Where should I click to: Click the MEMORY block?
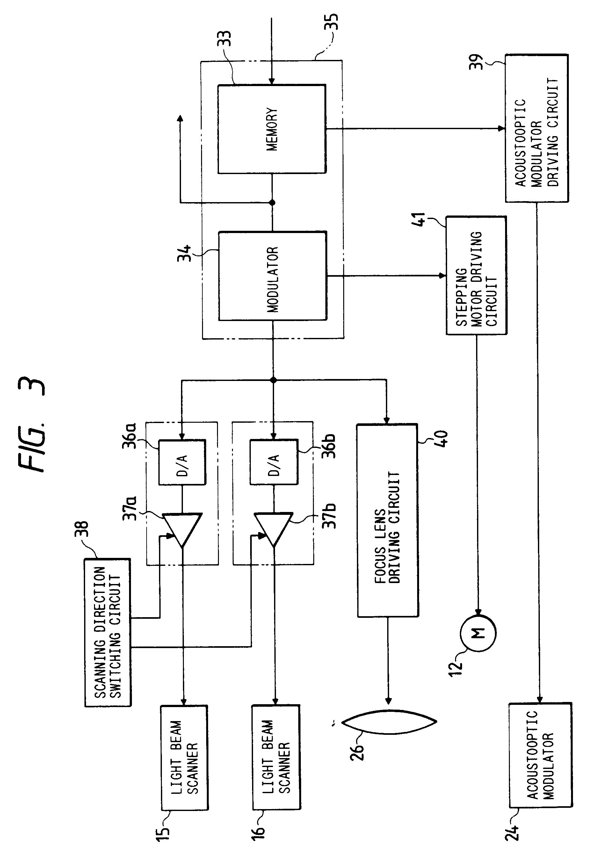click(x=272, y=129)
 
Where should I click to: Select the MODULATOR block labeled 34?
click(x=272, y=276)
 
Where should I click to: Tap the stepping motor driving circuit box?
click(x=476, y=275)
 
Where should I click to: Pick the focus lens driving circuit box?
click(x=388, y=520)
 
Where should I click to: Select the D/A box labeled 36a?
click(x=182, y=462)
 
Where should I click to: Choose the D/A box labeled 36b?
click(x=273, y=462)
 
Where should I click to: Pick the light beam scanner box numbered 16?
click(x=276, y=757)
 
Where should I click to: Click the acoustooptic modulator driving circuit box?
click(x=536, y=128)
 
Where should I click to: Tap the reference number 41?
click(x=419, y=220)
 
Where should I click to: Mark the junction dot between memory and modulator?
click(x=272, y=202)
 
